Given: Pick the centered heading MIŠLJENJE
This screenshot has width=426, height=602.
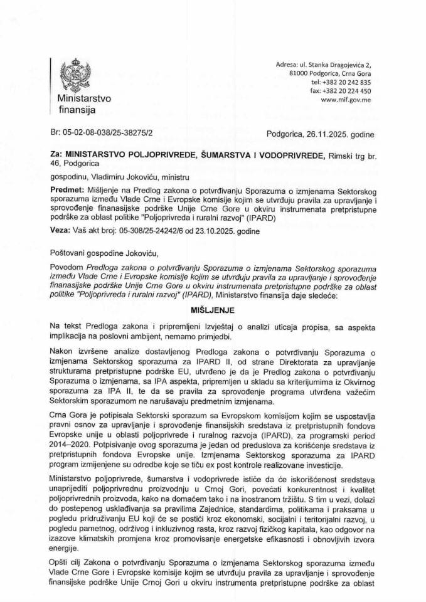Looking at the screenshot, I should point(213,310).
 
